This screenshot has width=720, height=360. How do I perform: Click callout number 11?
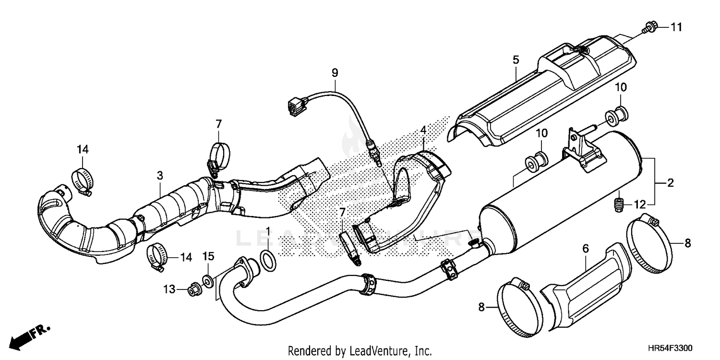[x=676, y=28]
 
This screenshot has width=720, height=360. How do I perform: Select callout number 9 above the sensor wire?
[x=335, y=73]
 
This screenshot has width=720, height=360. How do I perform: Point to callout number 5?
[x=516, y=60]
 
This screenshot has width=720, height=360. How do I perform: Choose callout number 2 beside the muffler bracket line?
[x=670, y=182]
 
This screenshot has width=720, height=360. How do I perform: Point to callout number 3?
[x=160, y=176]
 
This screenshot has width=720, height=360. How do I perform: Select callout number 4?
[x=423, y=130]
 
